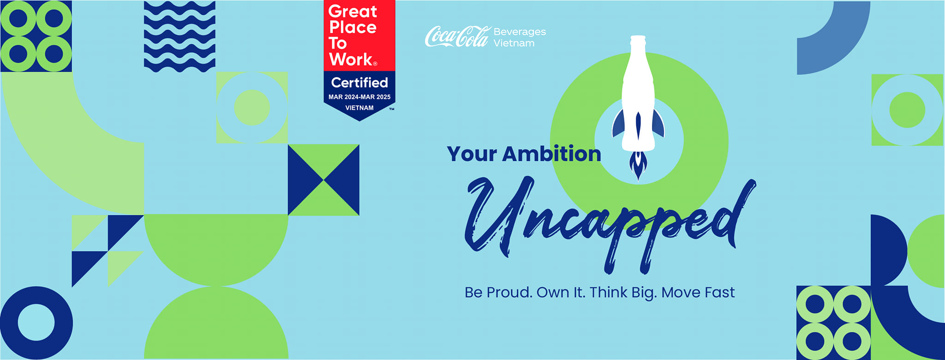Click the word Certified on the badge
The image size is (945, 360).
tap(359, 83)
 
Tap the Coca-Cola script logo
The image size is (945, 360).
tap(457, 36)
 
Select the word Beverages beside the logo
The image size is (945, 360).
tap(520, 32)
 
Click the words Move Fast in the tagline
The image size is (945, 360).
tap(698, 292)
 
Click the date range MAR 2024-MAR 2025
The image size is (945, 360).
tap(359, 97)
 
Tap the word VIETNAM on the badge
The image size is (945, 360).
tap(359, 108)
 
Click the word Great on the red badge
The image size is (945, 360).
tap(353, 12)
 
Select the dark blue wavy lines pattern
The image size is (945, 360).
tap(179, 36)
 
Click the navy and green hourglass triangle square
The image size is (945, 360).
tap(323, 180)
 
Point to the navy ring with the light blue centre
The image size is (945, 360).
tap(36, 323)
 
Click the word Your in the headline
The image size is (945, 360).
tap(472, 154)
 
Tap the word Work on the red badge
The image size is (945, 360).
tap(351, 60)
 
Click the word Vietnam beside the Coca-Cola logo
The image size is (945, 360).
tap(514, 43)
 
